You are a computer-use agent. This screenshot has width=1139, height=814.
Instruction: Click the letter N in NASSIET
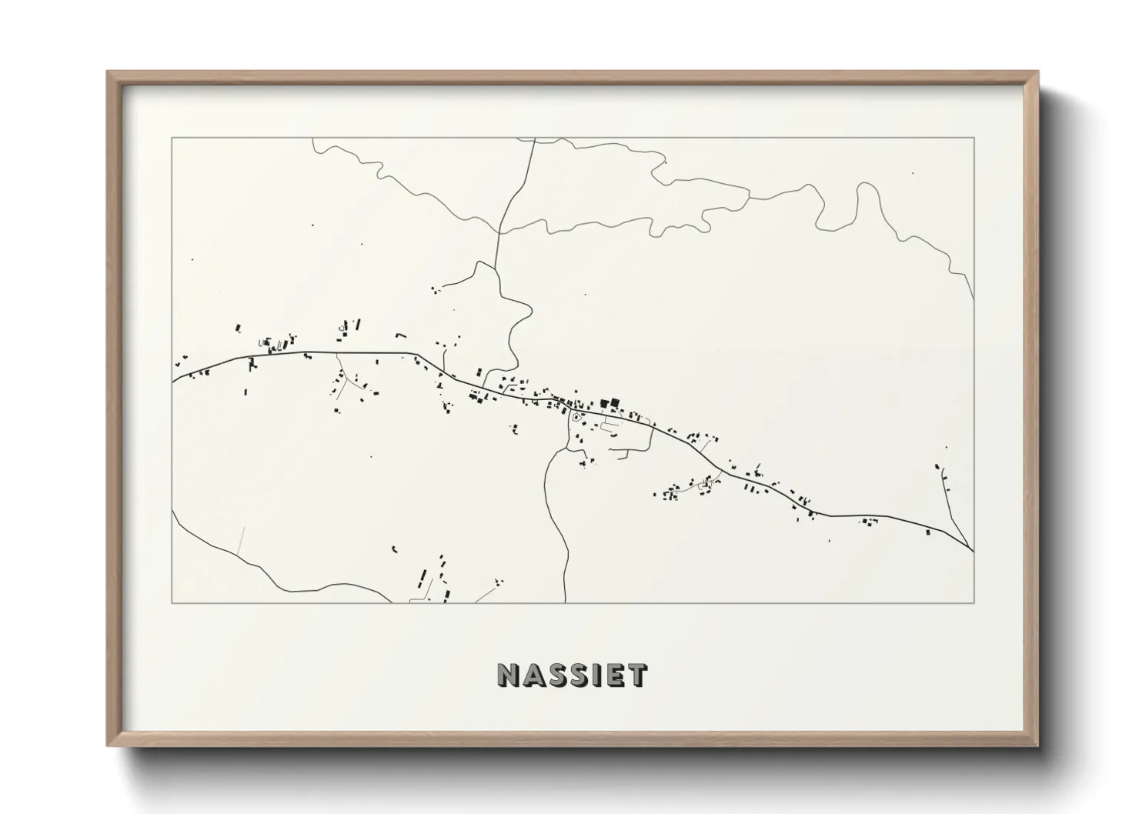(x=509, y=676)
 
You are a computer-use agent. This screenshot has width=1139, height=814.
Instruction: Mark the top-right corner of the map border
(x=974, y=138)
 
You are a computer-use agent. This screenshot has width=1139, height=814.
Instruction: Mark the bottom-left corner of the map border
(x=172, y=602)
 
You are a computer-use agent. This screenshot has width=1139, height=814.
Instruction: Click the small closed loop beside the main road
(x=576, y=417)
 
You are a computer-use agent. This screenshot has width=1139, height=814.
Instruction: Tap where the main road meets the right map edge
(x=974, y=551)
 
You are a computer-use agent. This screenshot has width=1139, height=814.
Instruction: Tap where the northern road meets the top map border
(x=534, y=138)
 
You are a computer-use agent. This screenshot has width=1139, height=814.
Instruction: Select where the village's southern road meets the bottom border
(x=567, y=602)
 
